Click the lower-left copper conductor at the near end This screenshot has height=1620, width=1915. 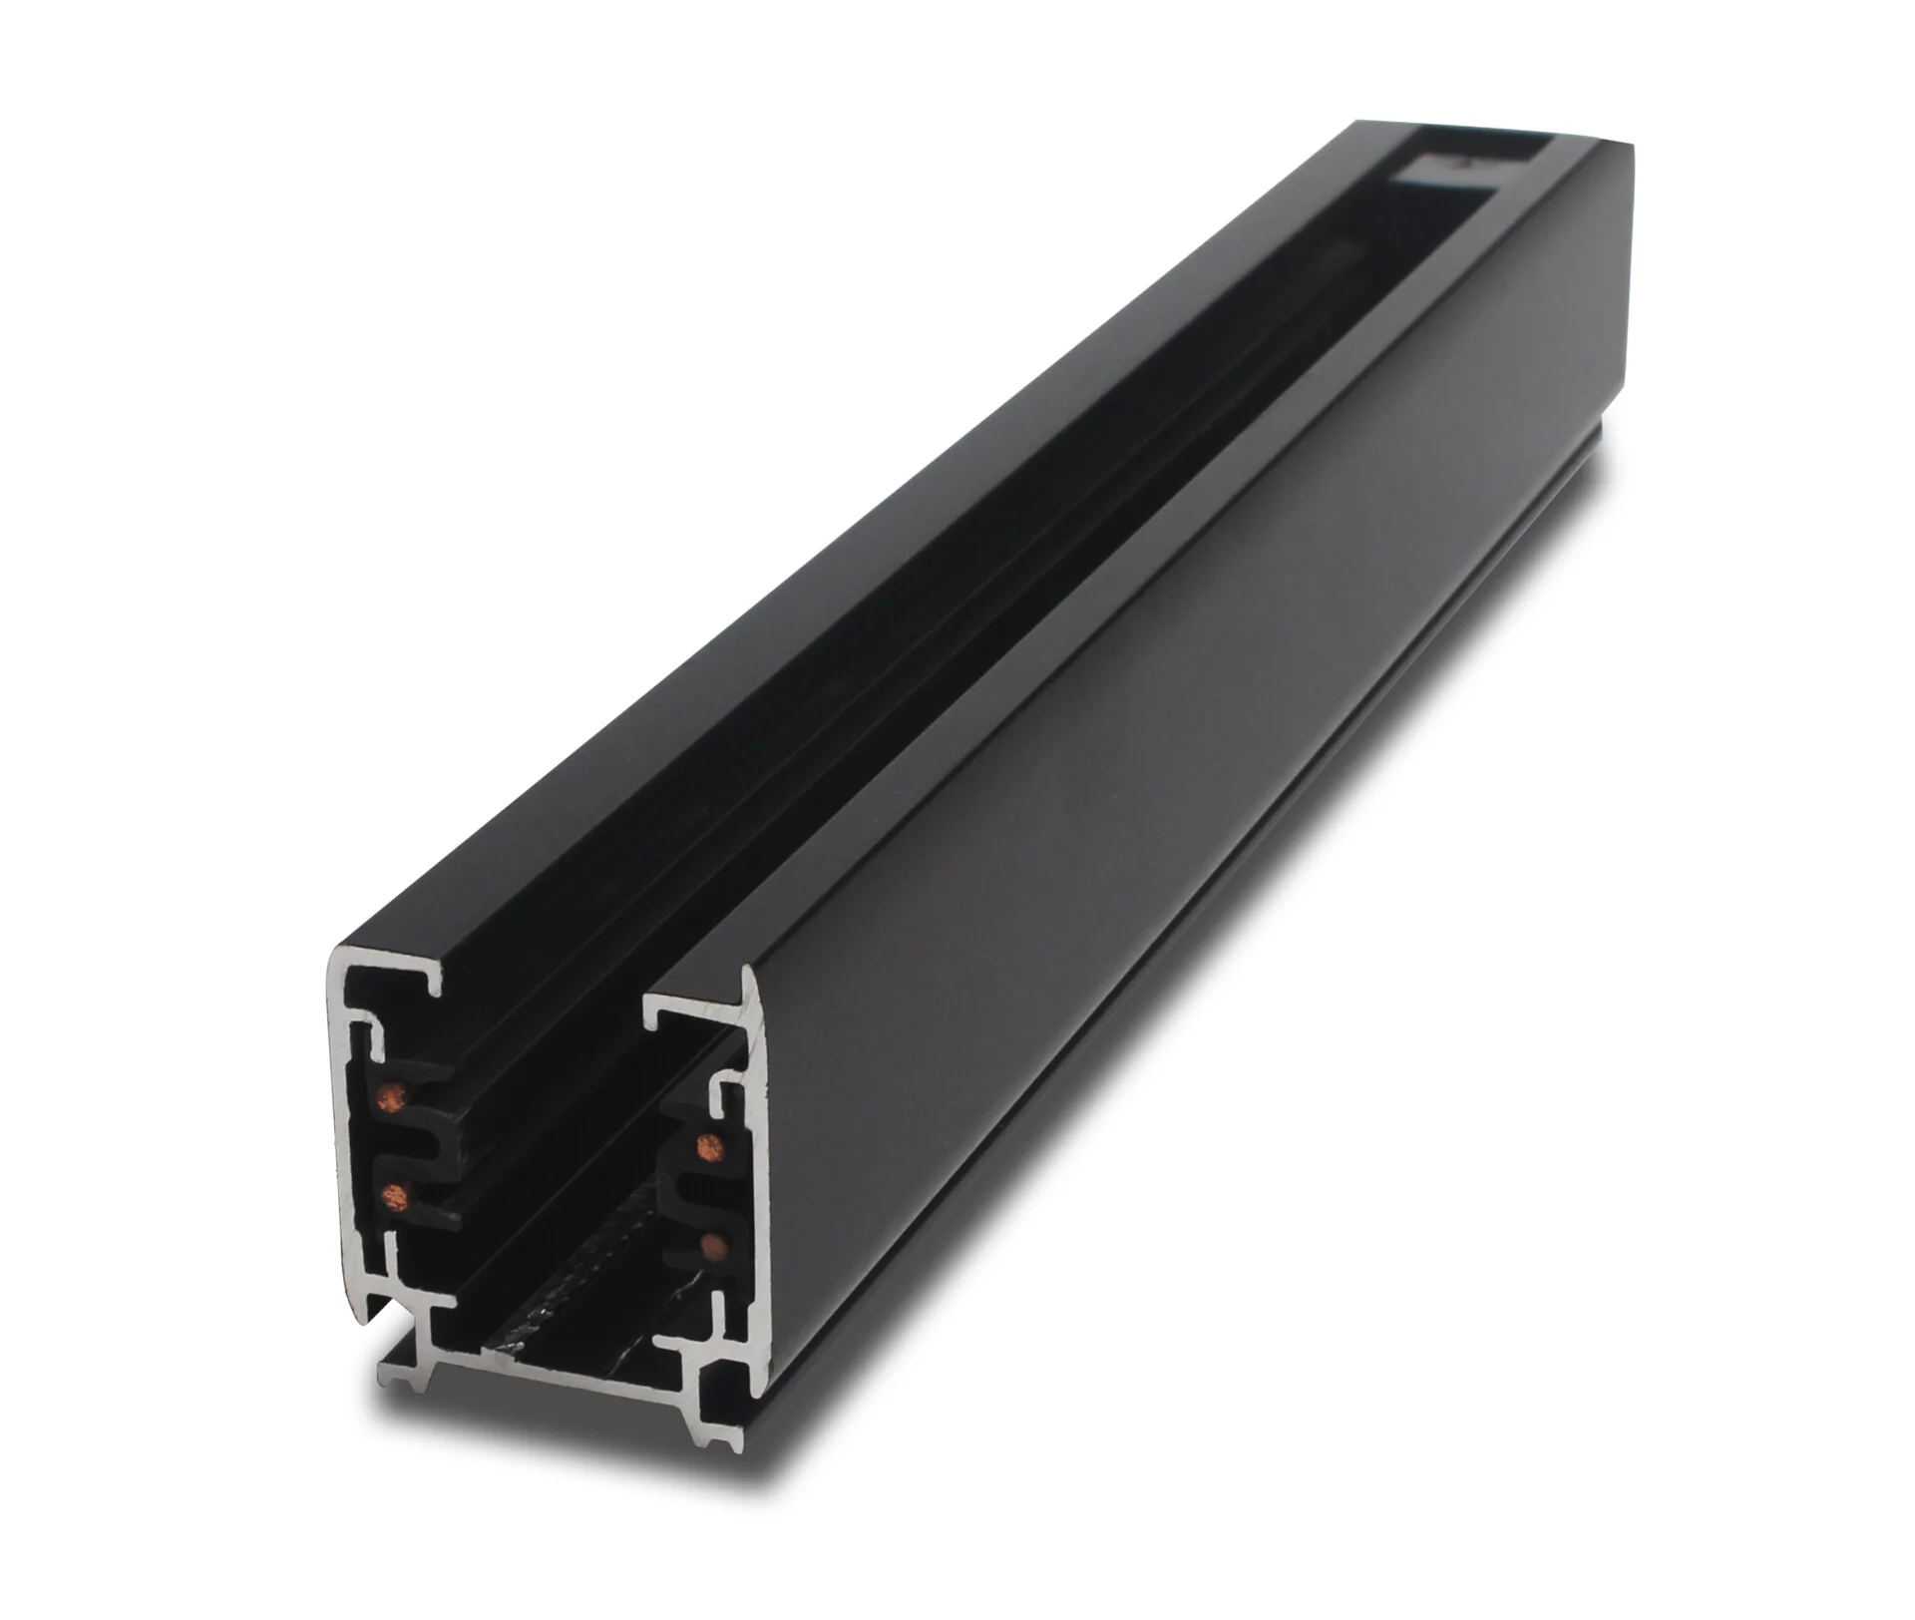coord(396,1193)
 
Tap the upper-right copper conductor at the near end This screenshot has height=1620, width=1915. coord(711,1143)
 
